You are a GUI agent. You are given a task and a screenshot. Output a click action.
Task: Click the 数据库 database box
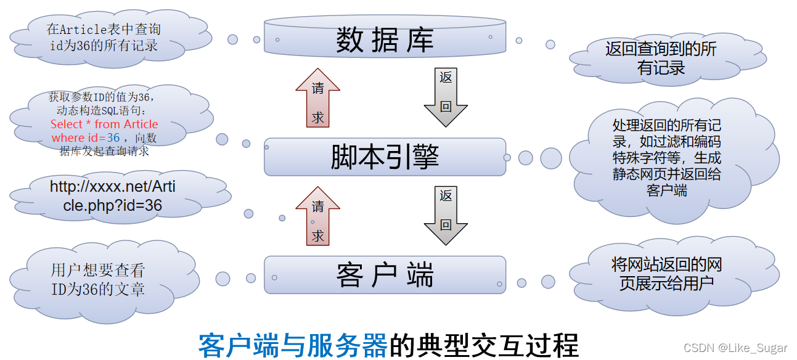coord(385,40)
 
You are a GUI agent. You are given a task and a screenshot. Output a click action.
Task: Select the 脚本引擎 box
coord(385,157)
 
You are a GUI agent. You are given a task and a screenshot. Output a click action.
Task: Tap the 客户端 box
coord(385,275)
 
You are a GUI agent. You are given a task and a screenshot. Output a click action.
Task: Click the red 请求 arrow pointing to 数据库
coord(317,98)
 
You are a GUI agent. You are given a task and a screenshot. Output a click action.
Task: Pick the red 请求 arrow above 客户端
coord(317,217)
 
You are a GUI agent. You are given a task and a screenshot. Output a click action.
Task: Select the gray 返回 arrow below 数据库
coord(446,96)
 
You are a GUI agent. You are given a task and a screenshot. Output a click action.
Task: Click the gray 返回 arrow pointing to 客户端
coord(446,214)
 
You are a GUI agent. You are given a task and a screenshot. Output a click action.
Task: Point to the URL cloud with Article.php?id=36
coord(113,196)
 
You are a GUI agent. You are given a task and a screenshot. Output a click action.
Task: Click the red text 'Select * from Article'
coord(104,125)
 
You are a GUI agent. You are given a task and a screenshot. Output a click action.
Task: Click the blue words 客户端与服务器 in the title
coord(292,345)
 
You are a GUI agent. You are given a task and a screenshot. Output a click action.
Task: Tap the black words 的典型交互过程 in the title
coord(483,345)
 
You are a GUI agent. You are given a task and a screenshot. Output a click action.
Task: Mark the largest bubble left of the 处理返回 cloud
coord(550,158)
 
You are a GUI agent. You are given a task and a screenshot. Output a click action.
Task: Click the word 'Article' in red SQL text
coord(141,125)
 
